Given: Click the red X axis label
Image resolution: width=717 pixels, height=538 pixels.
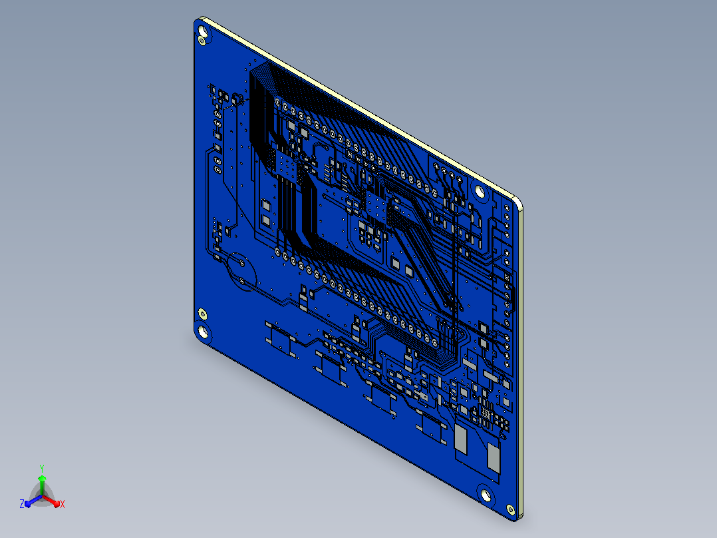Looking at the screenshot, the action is point(63,504).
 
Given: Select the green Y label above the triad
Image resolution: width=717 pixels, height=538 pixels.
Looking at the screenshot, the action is point(42,468).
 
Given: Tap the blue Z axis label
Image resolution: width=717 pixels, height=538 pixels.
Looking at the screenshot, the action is point(22,503).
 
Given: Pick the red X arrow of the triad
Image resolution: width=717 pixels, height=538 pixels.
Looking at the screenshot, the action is point(51,501).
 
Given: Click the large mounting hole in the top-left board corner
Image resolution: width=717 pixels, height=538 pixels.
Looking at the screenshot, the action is point(203,31).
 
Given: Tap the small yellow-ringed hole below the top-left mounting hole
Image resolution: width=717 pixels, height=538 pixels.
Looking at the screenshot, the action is point(201,41).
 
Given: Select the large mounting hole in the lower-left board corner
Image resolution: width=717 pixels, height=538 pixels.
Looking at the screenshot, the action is point(203,331).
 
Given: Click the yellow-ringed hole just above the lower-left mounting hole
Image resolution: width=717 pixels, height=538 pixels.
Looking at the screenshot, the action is point(202,314).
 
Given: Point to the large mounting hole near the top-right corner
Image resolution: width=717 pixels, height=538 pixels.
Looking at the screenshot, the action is point(480,190).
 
